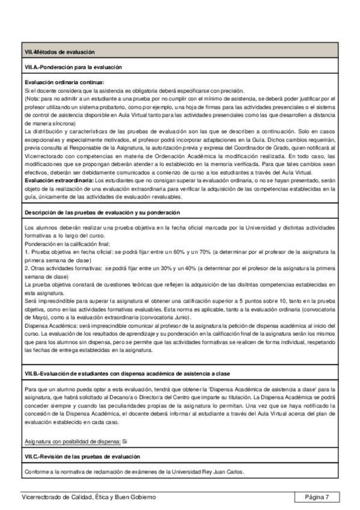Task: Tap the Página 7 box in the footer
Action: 317,497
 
